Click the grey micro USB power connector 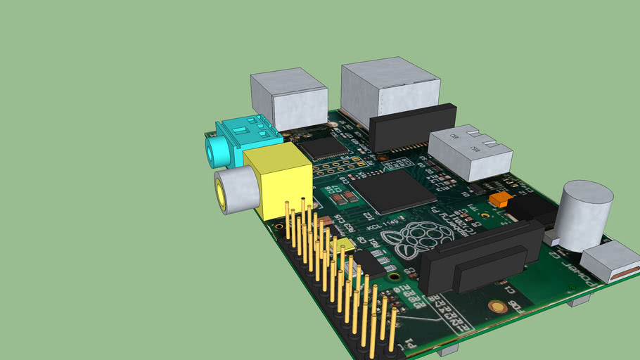[x=608, y=261]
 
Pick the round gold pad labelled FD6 [x=498, y=307]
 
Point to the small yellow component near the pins [x=345, y=245]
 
